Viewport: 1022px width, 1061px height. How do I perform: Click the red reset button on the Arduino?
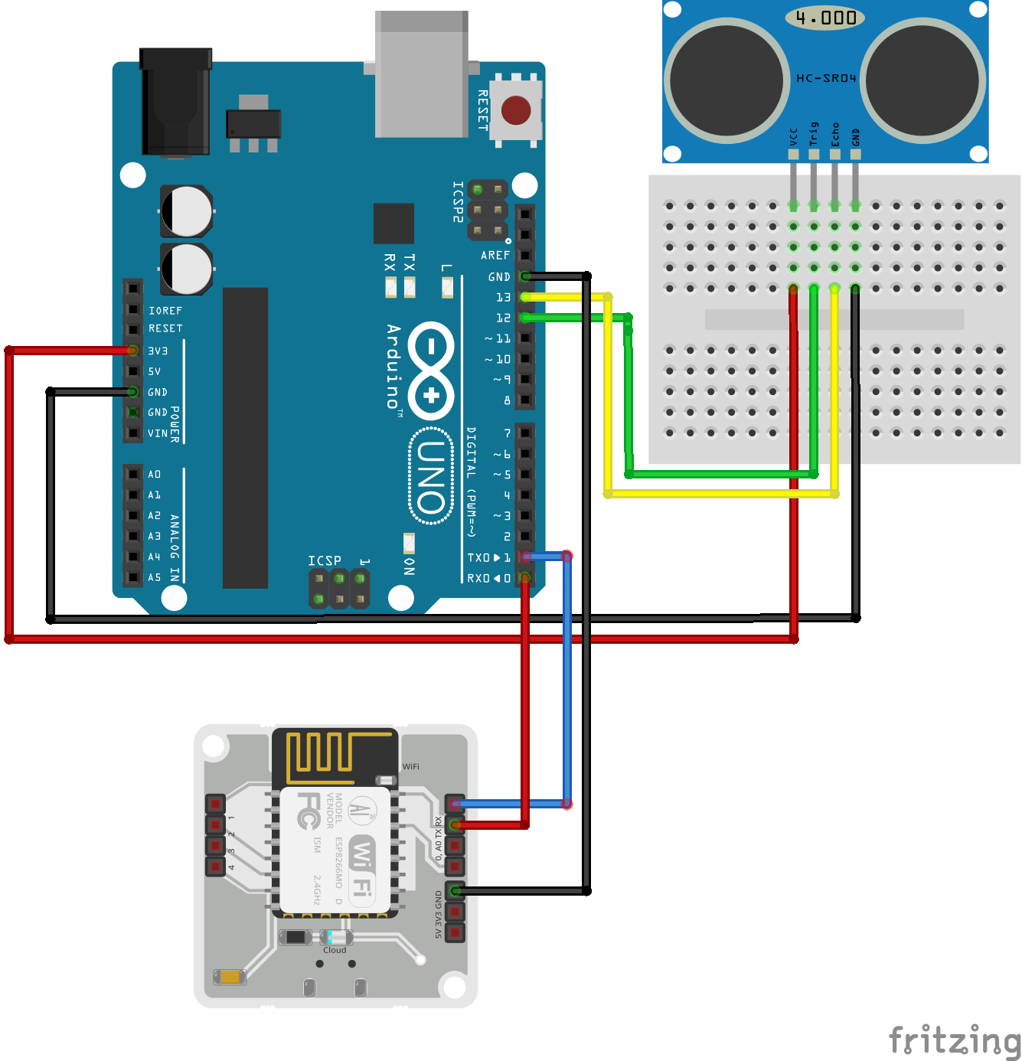[x=516, y=110]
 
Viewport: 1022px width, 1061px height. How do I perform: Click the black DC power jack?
[x=175, y=103]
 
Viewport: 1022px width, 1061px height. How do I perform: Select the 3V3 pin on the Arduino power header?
[x=133, y=351]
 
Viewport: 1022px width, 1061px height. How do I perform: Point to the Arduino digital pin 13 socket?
[x=525, y=297]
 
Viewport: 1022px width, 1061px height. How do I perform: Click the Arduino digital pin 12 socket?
[x=525, y=318]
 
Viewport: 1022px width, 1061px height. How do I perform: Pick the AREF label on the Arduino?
[x=495, y=256]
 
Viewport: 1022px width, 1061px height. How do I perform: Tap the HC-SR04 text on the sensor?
[x=826, y=78]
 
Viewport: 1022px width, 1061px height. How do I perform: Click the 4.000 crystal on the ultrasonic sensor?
[x=825, y=18]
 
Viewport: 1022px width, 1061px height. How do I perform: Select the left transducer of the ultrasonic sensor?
[x=727, y=80]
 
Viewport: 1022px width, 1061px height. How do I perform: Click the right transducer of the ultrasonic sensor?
[x=922, y=80]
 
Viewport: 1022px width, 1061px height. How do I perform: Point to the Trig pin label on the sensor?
[x=814, y=133]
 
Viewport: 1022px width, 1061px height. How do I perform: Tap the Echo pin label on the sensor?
[x=835, y=134]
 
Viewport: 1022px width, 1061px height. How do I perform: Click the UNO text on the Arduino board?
[x=431, y=476]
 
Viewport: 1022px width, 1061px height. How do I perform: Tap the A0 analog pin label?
[x=155, y=475]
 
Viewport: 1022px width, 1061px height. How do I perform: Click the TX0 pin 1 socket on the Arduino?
[x=525, y=557]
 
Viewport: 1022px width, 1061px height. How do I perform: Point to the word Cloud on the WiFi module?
[x=335, y=950]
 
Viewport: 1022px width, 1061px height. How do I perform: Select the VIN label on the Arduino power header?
[x=157, y=433]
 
